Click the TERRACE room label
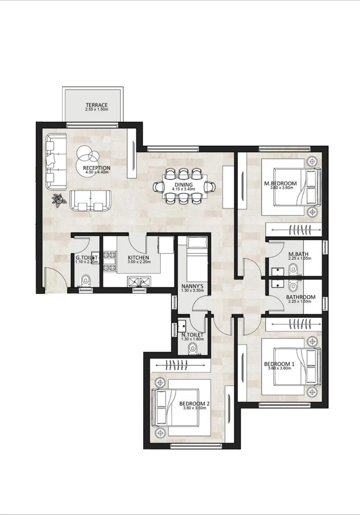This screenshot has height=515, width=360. click(x=97, y=105)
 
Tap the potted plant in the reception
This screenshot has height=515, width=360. click(x=60, y=200)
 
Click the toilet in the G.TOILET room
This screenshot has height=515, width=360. click(x=85, y=280)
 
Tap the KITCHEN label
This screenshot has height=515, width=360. click(x=138, y=257)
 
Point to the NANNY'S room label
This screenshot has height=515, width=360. click(x=192, y=286)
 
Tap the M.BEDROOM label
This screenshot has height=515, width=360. click(x=280, y=183)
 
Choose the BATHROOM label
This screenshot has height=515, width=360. click(x=300, y=297)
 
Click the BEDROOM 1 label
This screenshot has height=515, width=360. click(x=279, y=364)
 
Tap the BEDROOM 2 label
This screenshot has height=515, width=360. click(x=194, y=404)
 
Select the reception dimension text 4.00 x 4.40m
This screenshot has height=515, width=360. click(x=97, y=173)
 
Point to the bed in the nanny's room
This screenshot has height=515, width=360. click(x=193, y=257)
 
